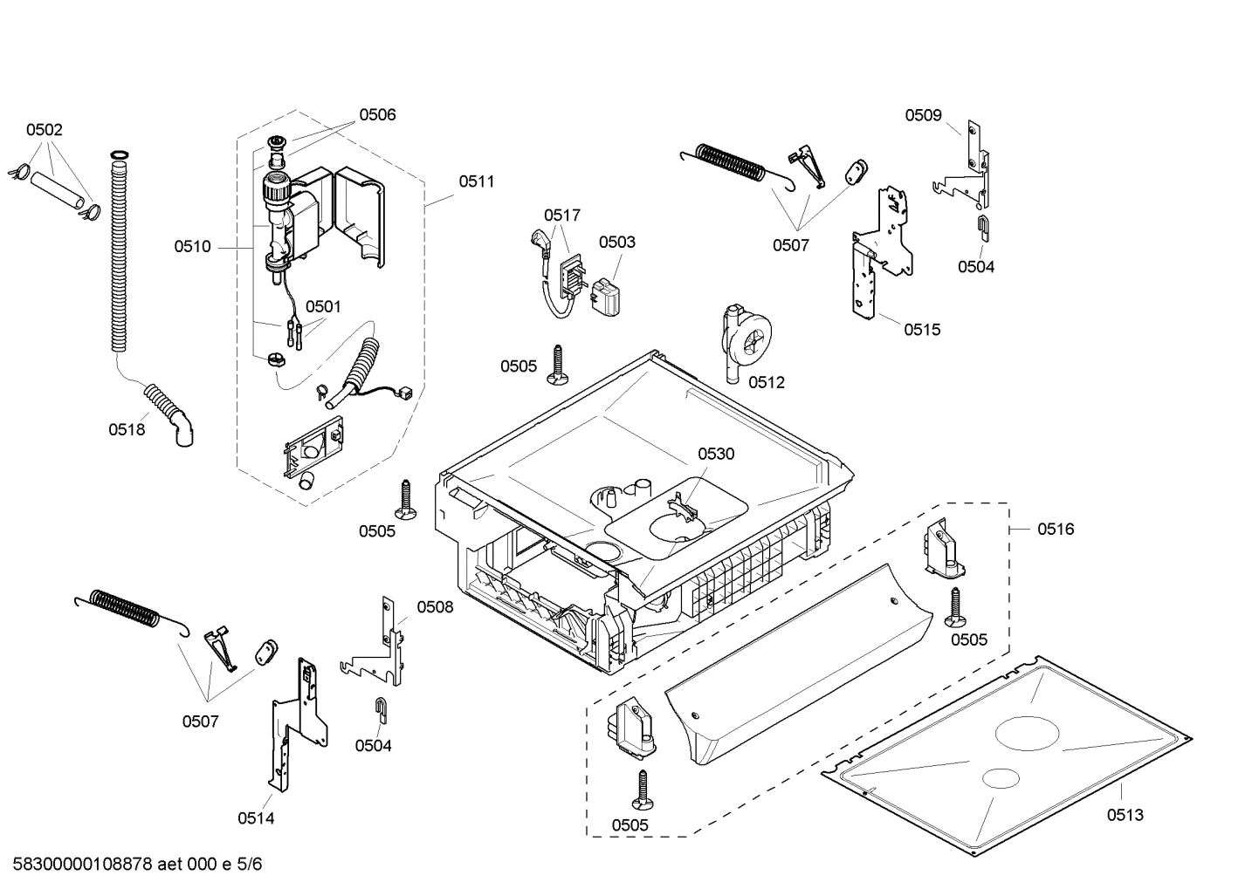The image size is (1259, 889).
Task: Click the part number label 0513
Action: (1125, 815)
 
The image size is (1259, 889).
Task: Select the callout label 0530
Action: (716, 454)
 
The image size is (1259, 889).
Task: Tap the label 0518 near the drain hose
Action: (127, 429)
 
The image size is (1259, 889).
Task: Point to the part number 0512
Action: (767, 382)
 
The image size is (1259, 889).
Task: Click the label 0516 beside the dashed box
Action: (1056, 529)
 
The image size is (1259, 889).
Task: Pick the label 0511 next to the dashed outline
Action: (476, 181)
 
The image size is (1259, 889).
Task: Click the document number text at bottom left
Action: (137, 865)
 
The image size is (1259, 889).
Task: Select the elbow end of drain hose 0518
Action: (186, 434)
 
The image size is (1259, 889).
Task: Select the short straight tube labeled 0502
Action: (58, 189)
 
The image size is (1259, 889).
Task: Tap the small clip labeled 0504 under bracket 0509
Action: (982, 226)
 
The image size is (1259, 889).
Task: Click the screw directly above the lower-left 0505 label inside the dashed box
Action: (644, 789)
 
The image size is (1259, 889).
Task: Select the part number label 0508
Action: (435, 607)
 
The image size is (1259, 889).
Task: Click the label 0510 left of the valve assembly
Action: (192, 247)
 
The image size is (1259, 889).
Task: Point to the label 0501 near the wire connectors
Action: (323, 306)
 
